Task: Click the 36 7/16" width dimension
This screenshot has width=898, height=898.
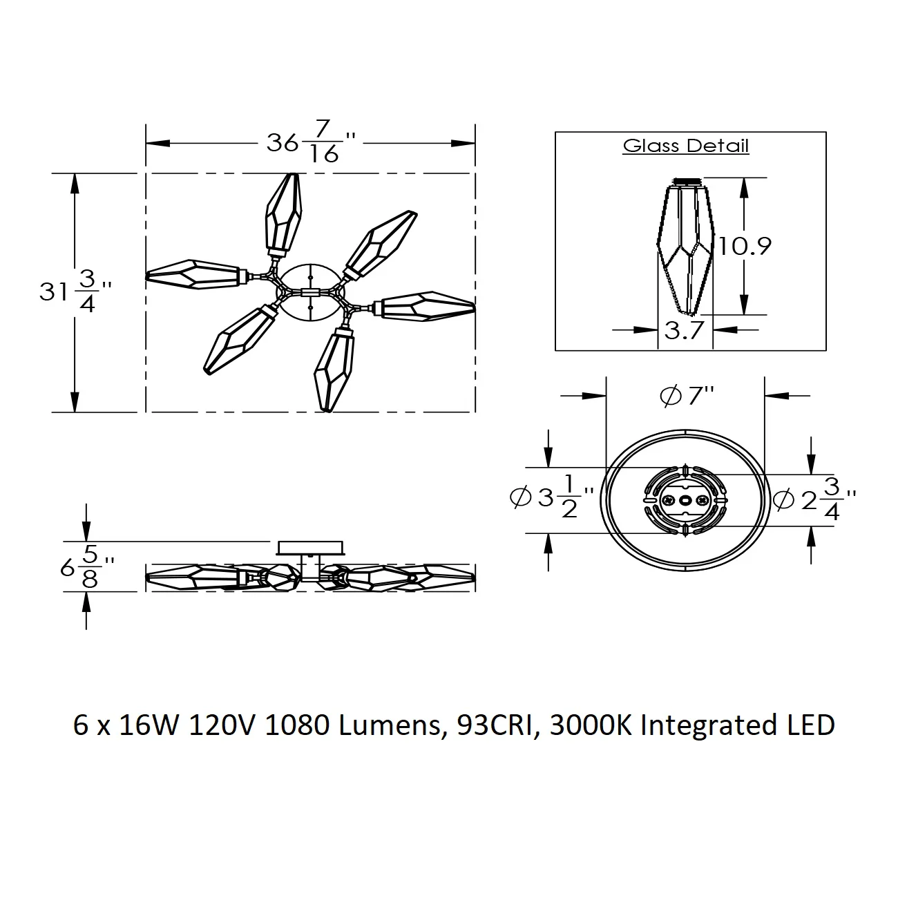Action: point(310,142)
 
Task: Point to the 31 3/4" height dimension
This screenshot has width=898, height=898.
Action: point(75,292)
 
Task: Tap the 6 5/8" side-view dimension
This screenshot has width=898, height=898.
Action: point(87,567)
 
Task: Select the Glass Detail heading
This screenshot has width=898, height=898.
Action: point(685,146)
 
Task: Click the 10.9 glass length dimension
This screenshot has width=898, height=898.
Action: point(745,246)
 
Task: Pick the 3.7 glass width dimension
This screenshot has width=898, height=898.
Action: point(684,330)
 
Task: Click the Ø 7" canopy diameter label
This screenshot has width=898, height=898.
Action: point(687,396)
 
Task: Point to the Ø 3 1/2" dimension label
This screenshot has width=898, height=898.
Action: point(552,496)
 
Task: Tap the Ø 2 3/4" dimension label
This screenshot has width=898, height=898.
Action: point(814,499)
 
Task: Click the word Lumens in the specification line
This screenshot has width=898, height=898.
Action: point(390,725)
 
